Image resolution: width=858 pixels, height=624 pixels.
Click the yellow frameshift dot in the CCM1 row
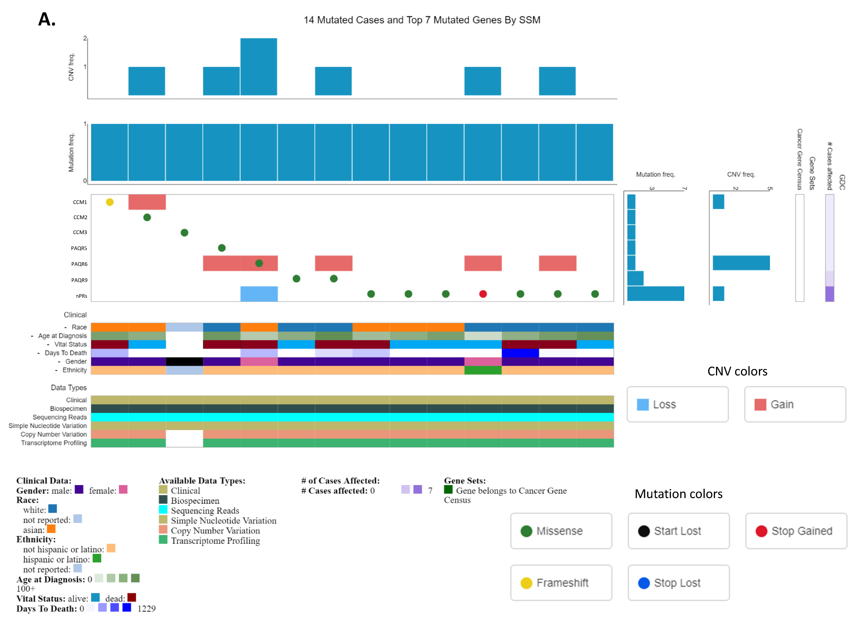tap(110, 202)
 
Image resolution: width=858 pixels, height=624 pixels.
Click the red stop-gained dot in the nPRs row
tap(483, 294)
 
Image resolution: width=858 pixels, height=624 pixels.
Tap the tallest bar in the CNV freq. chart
tap(259, 67)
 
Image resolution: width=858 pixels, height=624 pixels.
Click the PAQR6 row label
tap(79, 264)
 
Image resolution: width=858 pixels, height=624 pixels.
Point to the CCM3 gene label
tap(80, 232)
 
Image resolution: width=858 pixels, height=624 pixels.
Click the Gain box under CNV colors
tap(795, 404)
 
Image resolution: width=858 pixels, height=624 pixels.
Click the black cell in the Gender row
tap(184, 361)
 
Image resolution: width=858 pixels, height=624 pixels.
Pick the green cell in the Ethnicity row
tap(483, 370)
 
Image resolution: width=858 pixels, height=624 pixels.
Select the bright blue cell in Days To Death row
tap(520, 353)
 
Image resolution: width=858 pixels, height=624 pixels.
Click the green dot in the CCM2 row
tap(147, 217)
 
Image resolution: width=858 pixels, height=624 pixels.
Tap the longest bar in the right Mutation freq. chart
tap(655, 294)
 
